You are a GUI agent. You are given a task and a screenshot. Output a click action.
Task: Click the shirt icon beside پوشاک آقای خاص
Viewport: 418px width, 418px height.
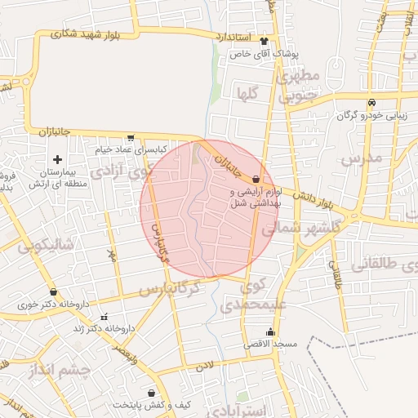264,40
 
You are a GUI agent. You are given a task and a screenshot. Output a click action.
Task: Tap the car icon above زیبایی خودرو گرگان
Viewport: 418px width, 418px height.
371,103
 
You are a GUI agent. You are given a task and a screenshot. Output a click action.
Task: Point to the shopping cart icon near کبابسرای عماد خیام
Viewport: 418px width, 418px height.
131,138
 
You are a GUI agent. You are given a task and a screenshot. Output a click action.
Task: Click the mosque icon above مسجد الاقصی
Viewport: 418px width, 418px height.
271,331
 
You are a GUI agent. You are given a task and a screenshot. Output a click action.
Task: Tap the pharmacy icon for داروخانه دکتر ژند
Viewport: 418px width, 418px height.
103,316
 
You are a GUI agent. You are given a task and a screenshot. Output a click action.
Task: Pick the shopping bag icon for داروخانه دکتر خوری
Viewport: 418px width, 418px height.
53,291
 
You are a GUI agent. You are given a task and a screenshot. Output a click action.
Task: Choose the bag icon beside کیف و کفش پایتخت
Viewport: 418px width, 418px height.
151,393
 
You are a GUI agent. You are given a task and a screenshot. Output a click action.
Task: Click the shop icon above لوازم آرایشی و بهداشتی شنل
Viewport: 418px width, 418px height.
256,178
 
